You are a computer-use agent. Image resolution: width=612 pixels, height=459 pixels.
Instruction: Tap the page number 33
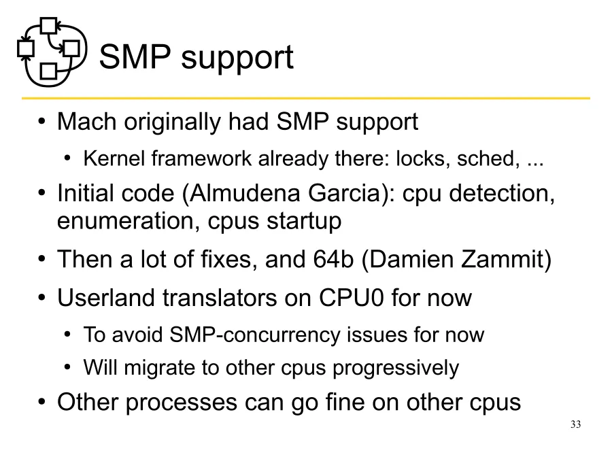575,425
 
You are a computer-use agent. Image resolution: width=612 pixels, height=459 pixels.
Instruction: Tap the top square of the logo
48,26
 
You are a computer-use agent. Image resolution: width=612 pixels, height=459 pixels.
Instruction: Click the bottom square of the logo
48,70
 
